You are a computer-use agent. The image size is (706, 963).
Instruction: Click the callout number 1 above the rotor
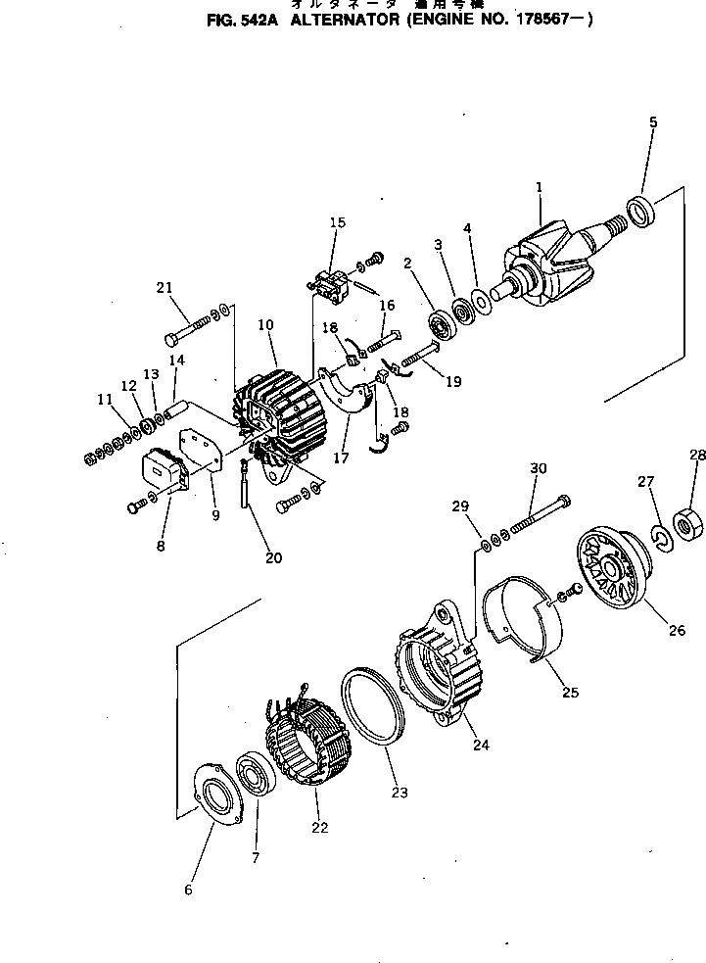539,187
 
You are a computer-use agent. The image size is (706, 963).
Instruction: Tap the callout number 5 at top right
653,122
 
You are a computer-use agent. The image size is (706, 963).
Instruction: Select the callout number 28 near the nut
696,455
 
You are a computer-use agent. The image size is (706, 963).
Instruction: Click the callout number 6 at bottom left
188,890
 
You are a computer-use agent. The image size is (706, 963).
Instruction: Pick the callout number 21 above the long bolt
164,287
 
